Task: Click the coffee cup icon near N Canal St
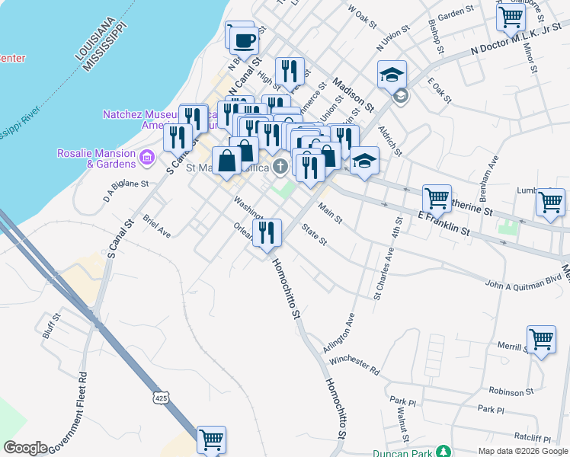(243, 38)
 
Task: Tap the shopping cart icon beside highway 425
(211, 439)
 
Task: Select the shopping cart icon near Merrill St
(540, 338)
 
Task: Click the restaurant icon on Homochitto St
(267, 232)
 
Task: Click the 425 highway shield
(159, 398)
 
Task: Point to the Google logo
(25, 448)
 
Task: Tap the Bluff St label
(51, 326)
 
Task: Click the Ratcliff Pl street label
(532, 438)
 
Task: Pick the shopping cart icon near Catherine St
(437, 199)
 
